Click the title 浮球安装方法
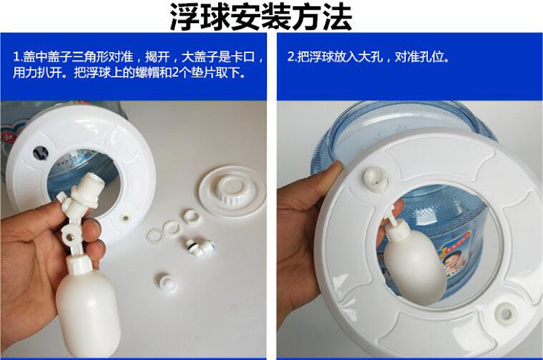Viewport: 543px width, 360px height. pyautogui.click(x=261, y=16)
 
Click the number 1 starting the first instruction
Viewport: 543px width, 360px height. pyautogui.click(x=16, y=57)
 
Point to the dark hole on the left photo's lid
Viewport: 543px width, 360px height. pyautogui.click(x=41, y=153)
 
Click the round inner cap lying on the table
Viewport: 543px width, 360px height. pyautogui.click(x=231, y=191)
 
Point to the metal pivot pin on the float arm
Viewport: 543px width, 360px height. pyautogui.click(x=70, y=237)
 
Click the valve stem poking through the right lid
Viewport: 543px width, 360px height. pyautogui.click(x=375, y=178)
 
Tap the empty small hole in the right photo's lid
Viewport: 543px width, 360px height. pyautogui.click(x=506, y=313)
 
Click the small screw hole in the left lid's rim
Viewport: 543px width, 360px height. pyautogui.click(x=125, y=219)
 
